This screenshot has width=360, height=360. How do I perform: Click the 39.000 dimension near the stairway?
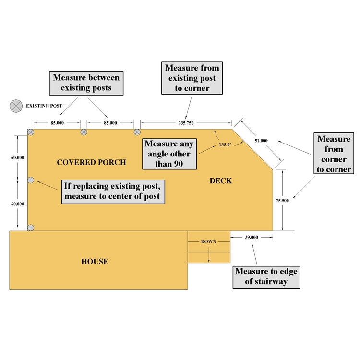pos(252,237)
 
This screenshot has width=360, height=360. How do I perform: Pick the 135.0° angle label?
pos(225,144)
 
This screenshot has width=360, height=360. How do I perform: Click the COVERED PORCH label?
pos(91,162)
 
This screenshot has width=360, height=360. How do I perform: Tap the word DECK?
pos(221,180)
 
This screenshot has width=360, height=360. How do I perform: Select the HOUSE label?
pos(95,262)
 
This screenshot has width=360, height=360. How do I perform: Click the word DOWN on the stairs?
pos(208,241)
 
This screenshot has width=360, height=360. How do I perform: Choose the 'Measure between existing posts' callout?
pos(86,82)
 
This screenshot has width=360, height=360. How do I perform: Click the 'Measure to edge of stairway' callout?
pos(266,277)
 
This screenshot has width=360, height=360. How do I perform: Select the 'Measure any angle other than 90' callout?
pos(169,154)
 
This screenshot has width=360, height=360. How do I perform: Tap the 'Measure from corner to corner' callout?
pos(334,154)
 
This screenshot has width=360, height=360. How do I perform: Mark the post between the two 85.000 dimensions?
pos(84,132)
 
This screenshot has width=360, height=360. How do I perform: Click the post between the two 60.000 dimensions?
pos(31,180)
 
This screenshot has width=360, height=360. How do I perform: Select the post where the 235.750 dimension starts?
pos(137,132)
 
